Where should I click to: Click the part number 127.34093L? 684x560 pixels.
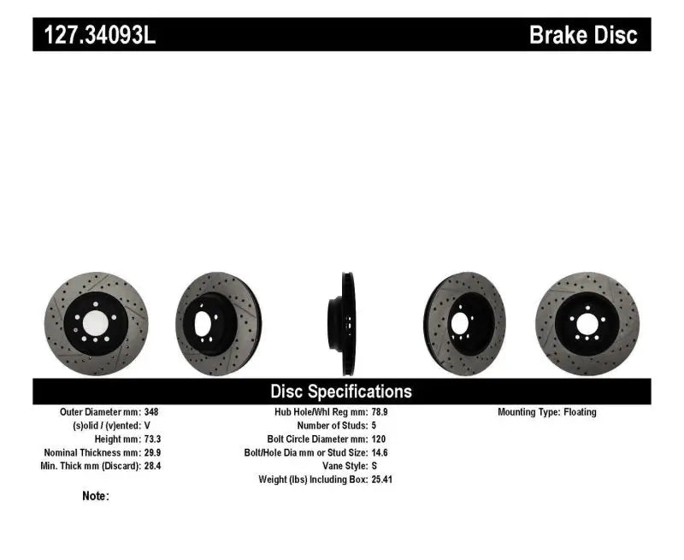95,35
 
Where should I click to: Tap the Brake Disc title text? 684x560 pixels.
583,35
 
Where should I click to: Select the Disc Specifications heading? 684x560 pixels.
341,392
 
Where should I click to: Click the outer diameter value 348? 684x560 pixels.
150,411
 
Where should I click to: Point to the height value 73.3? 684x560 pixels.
152,439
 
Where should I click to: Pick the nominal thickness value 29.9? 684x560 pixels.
152,452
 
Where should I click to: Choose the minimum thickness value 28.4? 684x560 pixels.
152,466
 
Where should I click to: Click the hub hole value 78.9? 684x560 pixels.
380,411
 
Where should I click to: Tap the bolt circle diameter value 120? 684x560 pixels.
379,439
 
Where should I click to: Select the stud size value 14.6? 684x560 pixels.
380,452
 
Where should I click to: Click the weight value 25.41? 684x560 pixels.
382,480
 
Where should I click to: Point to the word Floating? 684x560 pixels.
580,411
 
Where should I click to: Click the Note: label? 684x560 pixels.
96,496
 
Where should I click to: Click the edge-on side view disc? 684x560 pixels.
342,322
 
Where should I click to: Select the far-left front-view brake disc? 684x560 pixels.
96,324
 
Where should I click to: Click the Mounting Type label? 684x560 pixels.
528,411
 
